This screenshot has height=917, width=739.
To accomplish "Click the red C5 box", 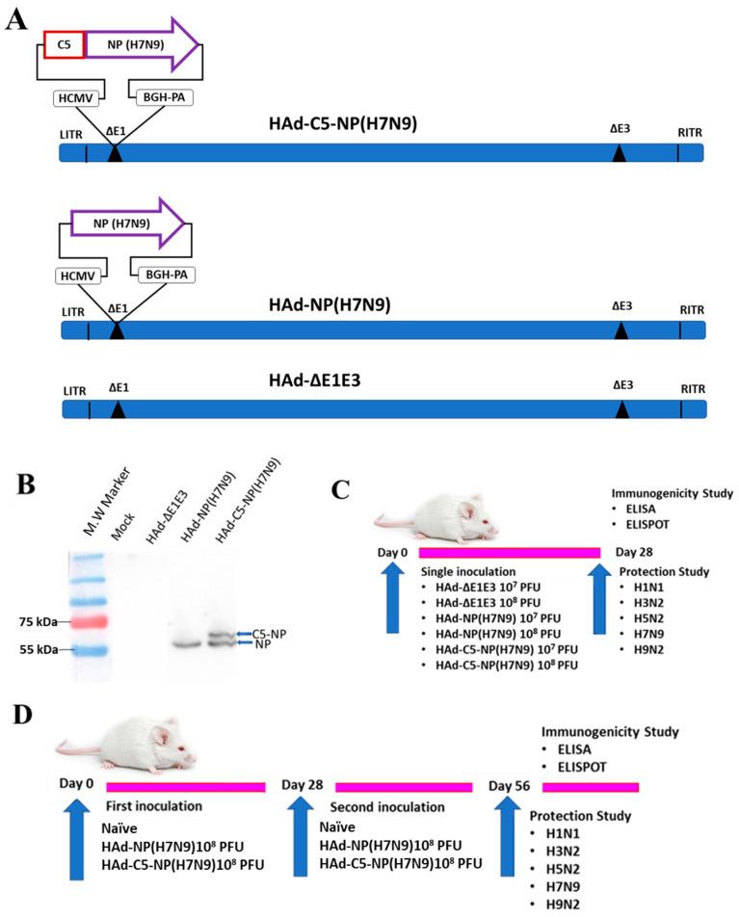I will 65,43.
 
